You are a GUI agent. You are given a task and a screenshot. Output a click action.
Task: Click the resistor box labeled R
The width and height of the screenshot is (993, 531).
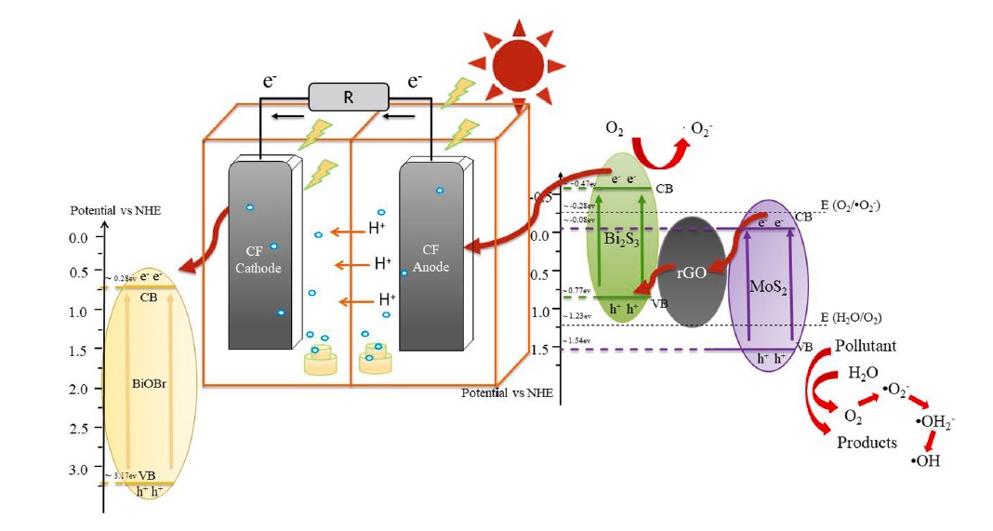pyautogui.click(x=347, y=96)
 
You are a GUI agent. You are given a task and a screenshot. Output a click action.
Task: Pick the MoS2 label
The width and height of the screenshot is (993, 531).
pyautogui.click(x=771, y=279)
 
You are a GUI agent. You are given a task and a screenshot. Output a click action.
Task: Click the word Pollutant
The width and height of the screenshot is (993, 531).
pyautogui.click(x=864, y=346)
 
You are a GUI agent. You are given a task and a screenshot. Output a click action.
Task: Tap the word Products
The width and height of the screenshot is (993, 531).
pyautogui.click(x=867, y=442)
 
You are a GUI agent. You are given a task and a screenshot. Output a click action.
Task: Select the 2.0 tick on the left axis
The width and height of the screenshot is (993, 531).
pyautogui.click(x=81, y=389)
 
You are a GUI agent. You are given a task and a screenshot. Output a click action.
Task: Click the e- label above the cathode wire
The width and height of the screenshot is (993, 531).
pyautogui.click(x=271, y=82)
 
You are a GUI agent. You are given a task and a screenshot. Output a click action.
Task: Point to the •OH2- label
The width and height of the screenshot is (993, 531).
pyautogui.click(x=934, y=423)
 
